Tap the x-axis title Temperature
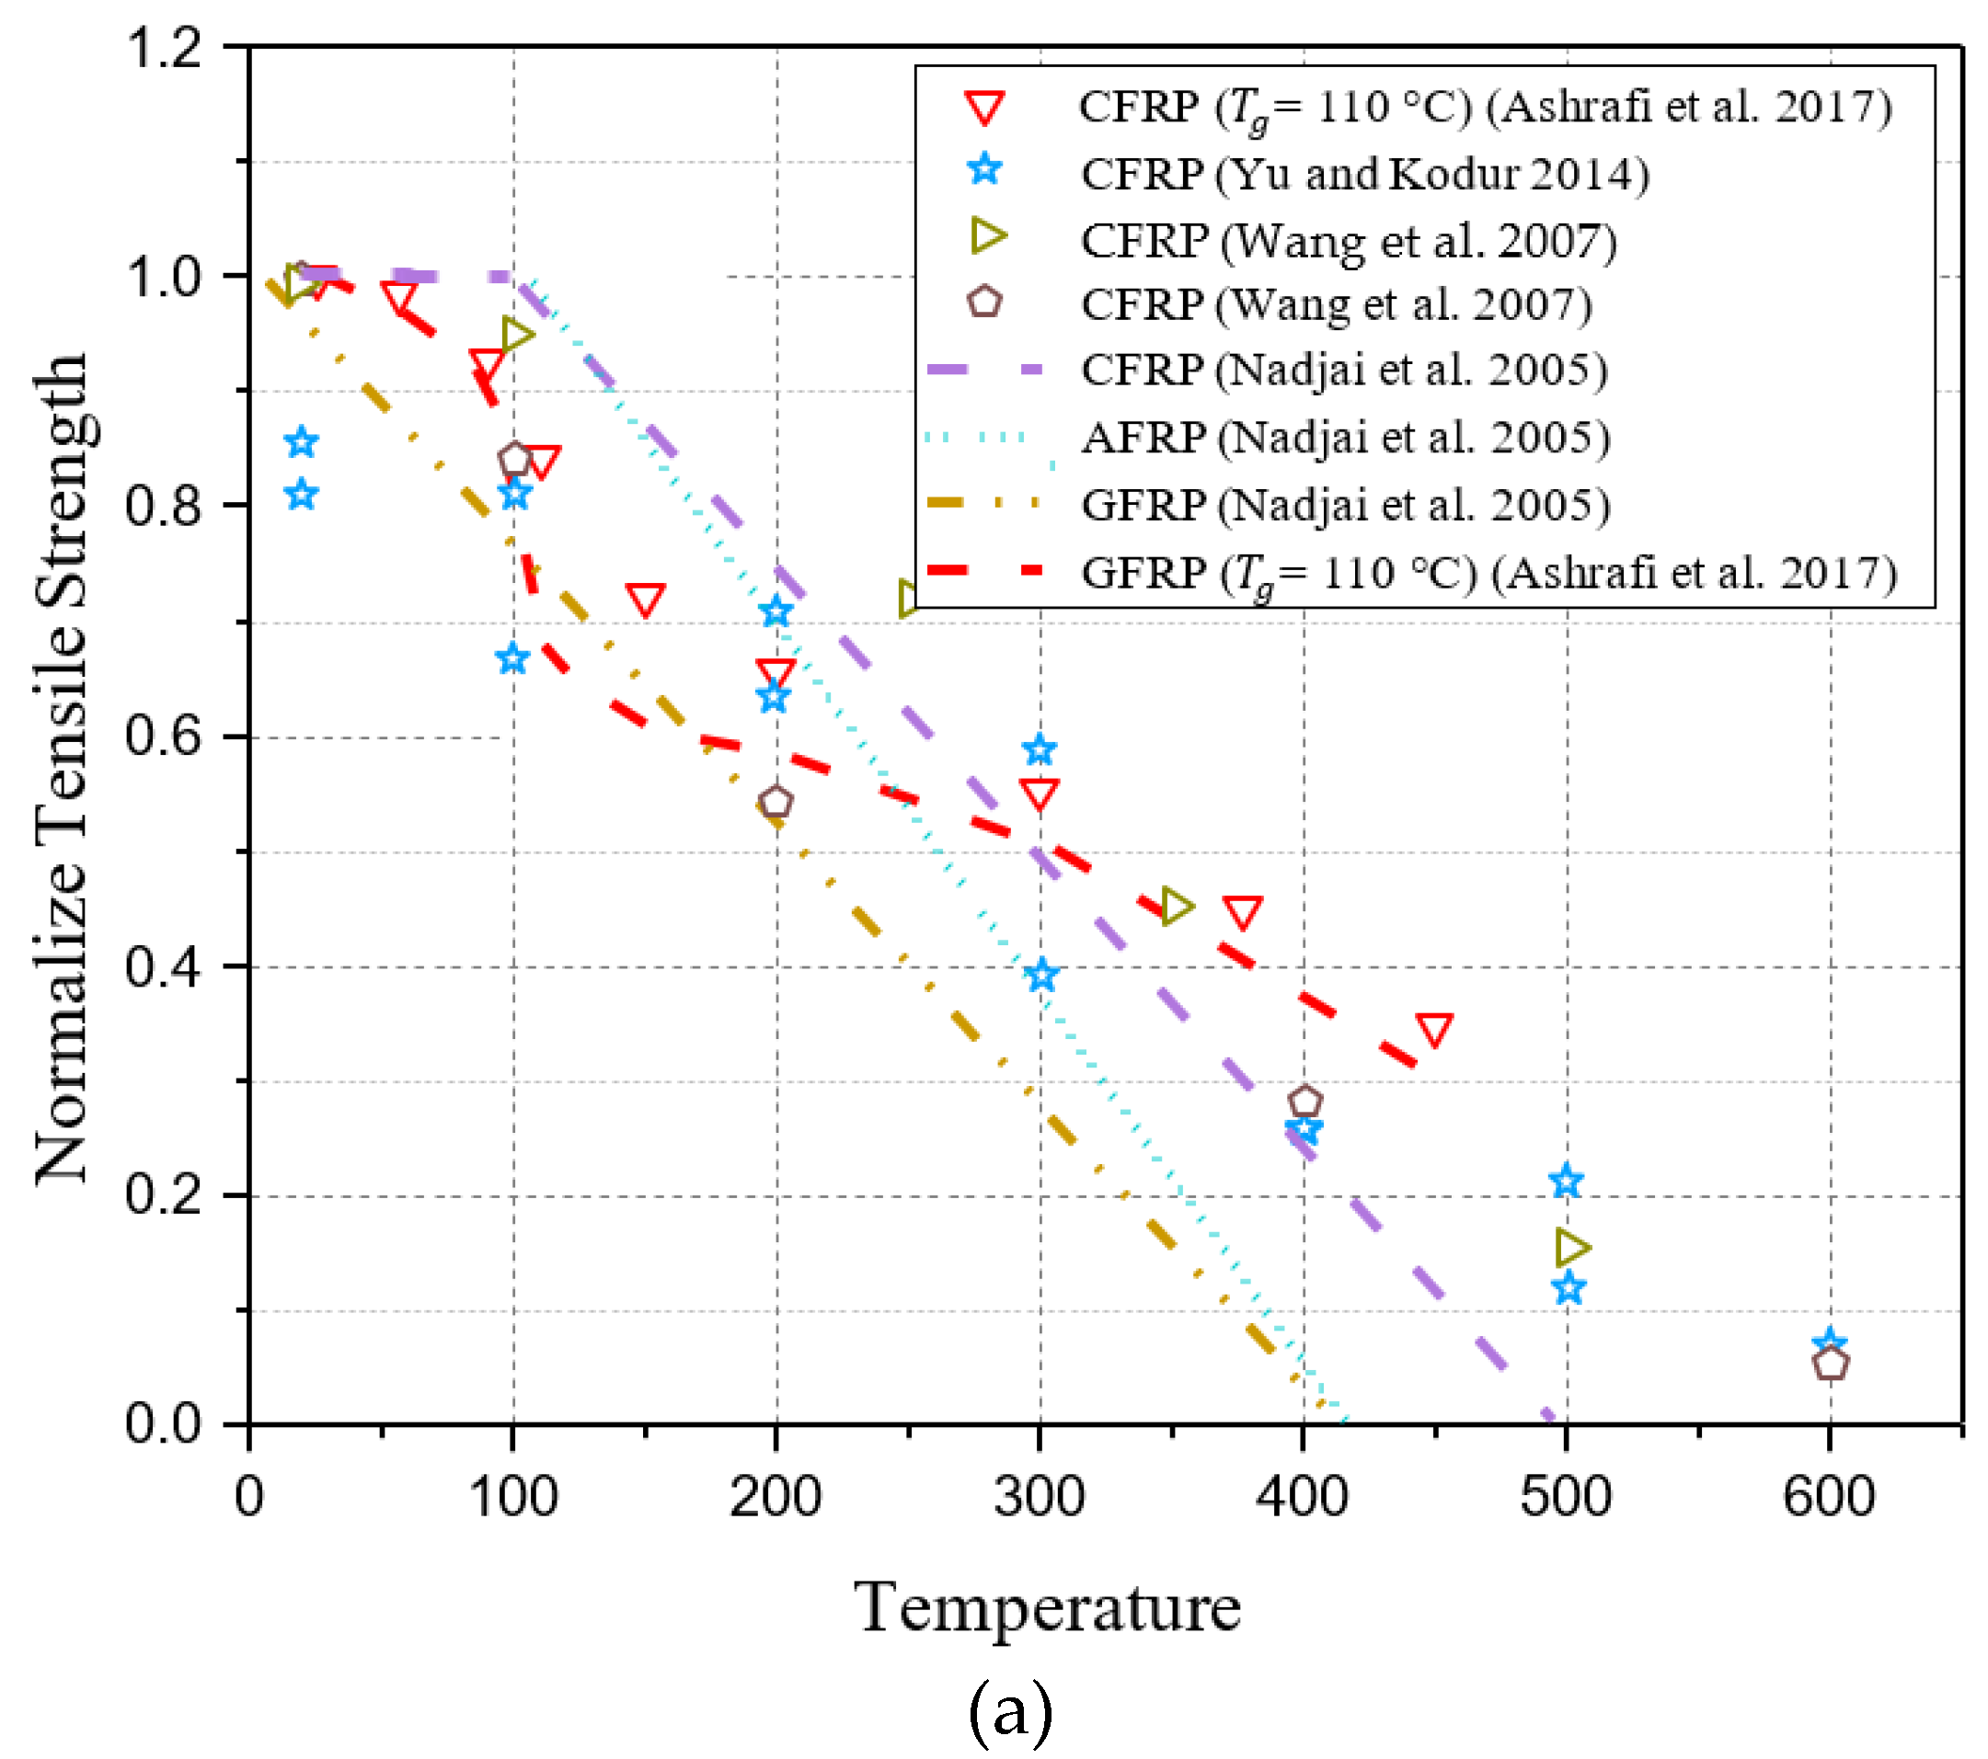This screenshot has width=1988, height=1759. [x=1048, y=1608]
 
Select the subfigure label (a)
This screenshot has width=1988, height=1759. [x=1010, y=1712]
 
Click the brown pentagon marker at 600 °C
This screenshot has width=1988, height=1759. [x=1831, y=1365]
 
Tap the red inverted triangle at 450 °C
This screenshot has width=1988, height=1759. [x=1434, y=1029]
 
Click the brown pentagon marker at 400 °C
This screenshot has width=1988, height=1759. [x=1305, y=1102]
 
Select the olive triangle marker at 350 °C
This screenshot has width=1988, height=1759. [x=1176, y=908]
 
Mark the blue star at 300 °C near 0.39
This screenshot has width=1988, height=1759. [x=1041, y=976]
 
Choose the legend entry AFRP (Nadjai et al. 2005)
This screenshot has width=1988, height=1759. [x=1345, y=438]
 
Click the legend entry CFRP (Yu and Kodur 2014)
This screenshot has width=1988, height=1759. [x=1364, y=174]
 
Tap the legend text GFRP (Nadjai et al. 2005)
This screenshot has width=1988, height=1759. [x=1345, y=505]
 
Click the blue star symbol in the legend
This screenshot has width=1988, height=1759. [x=984, y=170]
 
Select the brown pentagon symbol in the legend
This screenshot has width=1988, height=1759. [x=984, y=303]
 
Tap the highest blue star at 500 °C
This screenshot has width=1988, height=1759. [x=1565, y=1182]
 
